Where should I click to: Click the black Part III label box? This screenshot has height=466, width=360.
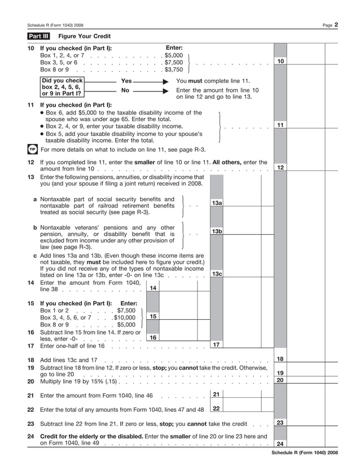[x=38, y=36]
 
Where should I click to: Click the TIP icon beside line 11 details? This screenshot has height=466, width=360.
[x=32, y=150]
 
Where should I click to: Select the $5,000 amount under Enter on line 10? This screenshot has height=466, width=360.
[x=173, y=56]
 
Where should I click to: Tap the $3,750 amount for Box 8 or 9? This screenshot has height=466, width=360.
[x=173, y=69]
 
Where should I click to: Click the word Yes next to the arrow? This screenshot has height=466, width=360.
[x=126, y=81]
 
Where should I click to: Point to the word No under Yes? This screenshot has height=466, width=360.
[x=125, y=90]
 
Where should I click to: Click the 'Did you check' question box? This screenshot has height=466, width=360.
[x=62, y=87]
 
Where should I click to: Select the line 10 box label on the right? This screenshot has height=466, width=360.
[x=280, y=61]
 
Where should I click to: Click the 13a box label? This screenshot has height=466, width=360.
[x=217, y=203]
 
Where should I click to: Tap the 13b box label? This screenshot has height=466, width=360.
[x=217, y=231]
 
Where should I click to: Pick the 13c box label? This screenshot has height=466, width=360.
[x=217, y=274]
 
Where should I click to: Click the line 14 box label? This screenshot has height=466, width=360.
[x=152, y=288]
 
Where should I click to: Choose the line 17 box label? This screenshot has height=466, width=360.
[x=217, y=344]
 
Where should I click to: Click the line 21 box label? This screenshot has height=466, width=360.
[x=216, y=394]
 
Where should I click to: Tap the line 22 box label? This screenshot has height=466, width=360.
[x=216, y=408]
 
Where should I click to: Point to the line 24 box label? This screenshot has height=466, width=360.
[x=280, y=443]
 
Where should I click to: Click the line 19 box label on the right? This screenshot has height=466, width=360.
[x=280, y=373]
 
